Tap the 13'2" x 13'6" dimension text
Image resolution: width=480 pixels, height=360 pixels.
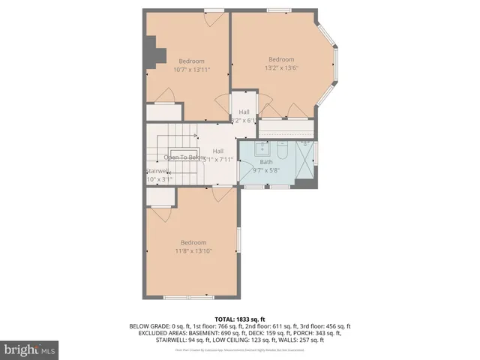(281, 67)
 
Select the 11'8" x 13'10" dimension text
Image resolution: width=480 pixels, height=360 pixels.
(193, 251)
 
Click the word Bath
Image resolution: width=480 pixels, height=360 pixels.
(266, 161)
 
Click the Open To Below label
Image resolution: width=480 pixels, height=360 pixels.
(183, 157)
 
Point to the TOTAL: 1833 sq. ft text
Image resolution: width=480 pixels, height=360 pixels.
(240, 319)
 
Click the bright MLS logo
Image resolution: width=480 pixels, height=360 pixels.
(30, 349)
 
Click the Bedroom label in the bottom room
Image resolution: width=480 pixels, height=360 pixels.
(193, 241)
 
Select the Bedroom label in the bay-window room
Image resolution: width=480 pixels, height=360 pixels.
(281, 58)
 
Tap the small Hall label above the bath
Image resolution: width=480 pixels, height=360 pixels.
(244, 112)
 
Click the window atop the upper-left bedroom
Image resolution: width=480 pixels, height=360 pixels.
(214, 10)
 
